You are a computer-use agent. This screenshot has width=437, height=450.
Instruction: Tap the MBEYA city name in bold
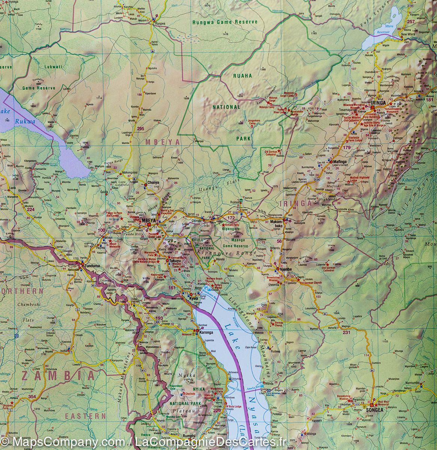(x=148, y=220)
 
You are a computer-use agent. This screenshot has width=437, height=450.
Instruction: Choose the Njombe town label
(x=286, y=269)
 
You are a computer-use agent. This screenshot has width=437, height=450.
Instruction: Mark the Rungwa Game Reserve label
(x=225, y=22)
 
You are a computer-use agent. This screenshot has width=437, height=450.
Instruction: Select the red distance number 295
(x=141, y=129)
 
